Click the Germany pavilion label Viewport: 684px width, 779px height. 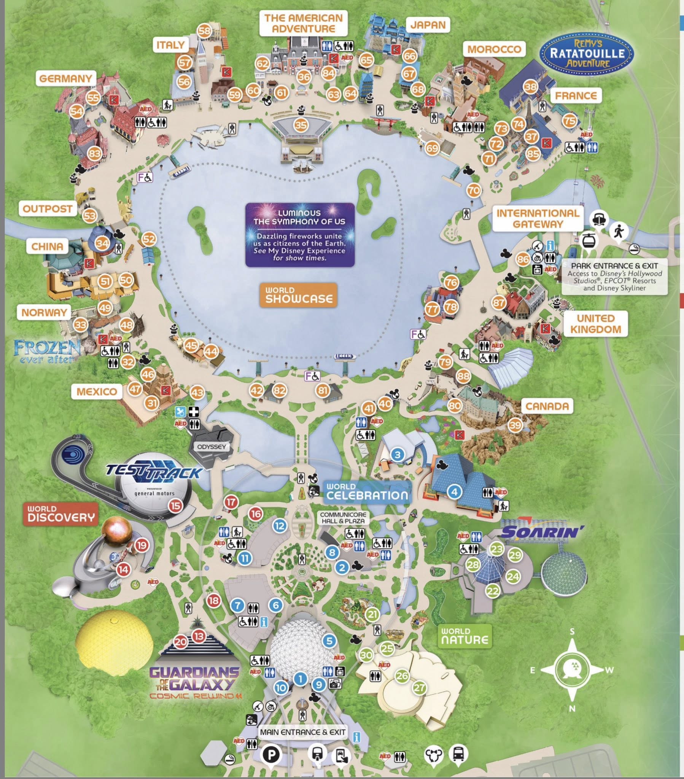tap(65, 78)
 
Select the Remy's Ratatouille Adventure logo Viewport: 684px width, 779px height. tap(587, 52)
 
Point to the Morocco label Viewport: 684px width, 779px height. tap(494, 49)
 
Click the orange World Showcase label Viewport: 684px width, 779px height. tap(299, 295)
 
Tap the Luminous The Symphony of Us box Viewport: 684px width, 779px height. tap(300, 234)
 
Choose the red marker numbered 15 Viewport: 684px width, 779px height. tap(175, 506)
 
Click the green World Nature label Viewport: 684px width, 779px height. tap(464, 636)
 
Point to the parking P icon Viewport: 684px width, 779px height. tap(271, 743)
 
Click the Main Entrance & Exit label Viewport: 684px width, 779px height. tap(303, 722)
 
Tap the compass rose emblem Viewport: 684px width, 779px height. tap(572, 669)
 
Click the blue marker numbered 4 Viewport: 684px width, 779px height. tap(454, 492)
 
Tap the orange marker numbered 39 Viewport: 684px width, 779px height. tap(515, 425)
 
